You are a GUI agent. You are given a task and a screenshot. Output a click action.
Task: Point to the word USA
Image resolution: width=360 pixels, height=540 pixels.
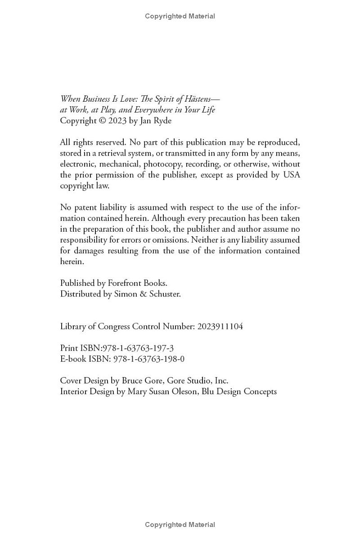[291, 175]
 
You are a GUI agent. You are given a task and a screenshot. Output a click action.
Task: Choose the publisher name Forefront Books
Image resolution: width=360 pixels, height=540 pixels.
[137, 283]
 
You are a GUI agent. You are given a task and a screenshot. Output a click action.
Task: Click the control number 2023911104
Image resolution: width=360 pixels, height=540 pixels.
[220, 327]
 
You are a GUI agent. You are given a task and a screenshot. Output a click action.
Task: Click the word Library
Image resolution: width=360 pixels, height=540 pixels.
[73, 327]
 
